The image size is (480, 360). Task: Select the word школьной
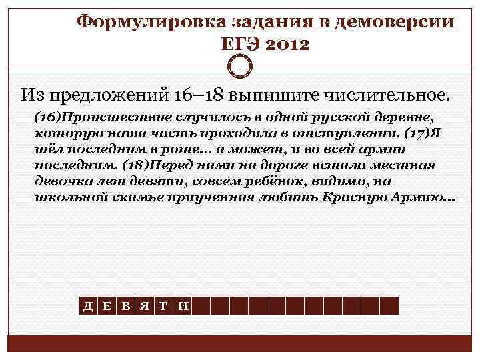[x=65, y=198]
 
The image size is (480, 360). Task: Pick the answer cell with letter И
[x=183, y=306]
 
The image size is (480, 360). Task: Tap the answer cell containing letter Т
[x=164, y=306]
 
